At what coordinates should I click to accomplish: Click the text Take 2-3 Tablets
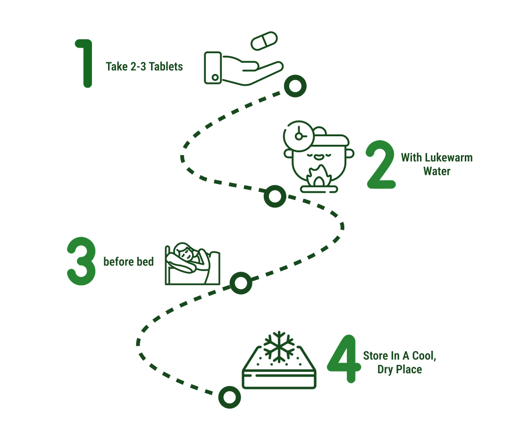click(144, 66)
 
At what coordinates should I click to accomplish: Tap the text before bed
click(128, 261)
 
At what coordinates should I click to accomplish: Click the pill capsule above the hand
click(265, 41)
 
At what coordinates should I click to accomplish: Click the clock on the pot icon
click(298, 136)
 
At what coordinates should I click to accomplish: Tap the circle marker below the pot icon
click(275, 196)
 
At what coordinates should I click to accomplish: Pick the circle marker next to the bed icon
click(241, 283)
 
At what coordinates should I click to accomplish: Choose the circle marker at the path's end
click(229, 397)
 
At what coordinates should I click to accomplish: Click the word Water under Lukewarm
click(436, 171)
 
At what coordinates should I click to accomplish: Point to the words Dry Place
click(399, 370)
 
